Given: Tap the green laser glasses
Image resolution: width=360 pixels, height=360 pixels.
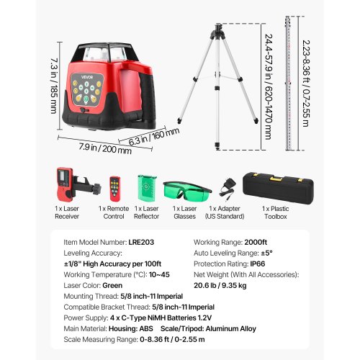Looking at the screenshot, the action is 187,191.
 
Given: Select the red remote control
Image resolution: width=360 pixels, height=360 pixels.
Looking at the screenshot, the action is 115,189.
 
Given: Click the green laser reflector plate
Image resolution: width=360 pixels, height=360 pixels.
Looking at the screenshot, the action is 147,189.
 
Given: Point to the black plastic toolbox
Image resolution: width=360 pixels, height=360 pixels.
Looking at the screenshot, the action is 278,189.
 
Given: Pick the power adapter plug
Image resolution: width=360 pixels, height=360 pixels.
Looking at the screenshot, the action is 227,189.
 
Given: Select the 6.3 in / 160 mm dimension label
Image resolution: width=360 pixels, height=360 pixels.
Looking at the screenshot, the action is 154,136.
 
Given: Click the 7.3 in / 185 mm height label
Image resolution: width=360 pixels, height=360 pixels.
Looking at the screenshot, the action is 54,86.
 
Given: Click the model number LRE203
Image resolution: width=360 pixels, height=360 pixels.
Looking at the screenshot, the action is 141,242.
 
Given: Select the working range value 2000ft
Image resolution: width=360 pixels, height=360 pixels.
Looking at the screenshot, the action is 256,242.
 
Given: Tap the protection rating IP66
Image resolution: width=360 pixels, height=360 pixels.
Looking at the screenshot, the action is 258,264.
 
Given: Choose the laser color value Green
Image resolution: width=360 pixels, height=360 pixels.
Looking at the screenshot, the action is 112,285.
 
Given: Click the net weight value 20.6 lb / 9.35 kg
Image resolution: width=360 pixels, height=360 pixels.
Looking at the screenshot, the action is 220,285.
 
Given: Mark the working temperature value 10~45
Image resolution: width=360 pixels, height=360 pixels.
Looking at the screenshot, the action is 159,274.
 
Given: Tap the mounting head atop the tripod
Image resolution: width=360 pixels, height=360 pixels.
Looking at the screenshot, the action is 218,32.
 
